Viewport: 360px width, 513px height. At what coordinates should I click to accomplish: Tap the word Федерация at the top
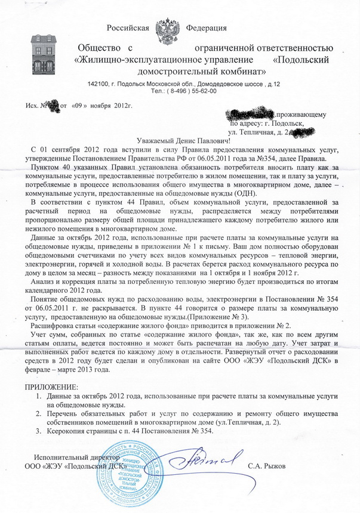206,28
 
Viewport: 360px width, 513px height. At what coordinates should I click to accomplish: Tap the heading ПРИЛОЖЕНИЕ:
51,388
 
